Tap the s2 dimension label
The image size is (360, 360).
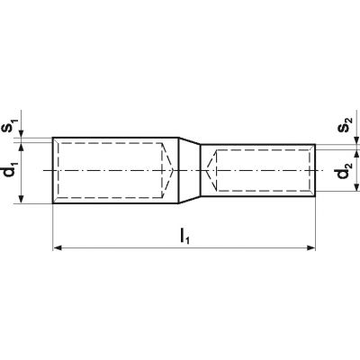pyautogui.click(x=345, y=125)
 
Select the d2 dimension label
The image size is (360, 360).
pyautogui.click(x=344, y=169)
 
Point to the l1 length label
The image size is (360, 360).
pyautogui.click(x=184, y=228)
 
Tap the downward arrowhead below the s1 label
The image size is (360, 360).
pyautogui.click(x=21, y=133)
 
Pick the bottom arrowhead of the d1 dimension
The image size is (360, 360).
pyautogui.click(x=21, y=199)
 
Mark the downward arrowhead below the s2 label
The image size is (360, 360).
pyautogui.click(x=356, y=140)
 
